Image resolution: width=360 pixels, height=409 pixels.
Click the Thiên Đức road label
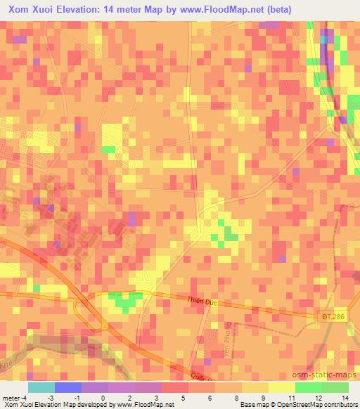tap(203, 300)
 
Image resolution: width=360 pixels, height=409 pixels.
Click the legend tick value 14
tap(346, 398)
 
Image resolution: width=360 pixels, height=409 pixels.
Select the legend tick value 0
tap(103, 398)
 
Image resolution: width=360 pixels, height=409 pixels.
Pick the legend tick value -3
tap(50, 398)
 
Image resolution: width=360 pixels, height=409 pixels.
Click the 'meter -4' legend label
tap(14, 398)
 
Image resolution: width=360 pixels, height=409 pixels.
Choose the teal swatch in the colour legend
tap(41, 387)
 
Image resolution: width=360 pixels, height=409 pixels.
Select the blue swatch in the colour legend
tap(67, 387)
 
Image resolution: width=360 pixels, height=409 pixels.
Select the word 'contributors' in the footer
tap(340, 405)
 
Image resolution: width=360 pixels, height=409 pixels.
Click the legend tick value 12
tap(319, 398)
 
